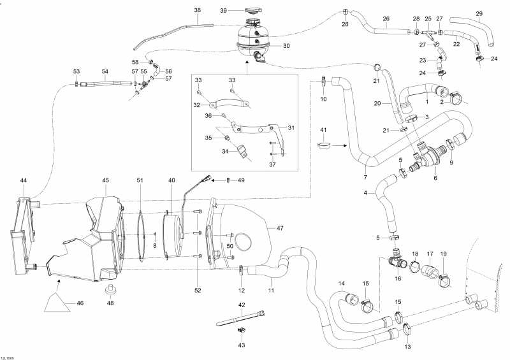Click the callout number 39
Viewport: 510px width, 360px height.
coord(224,11)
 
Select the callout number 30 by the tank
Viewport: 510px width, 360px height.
coord(286,46)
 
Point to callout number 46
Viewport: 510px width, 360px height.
coord(80,303)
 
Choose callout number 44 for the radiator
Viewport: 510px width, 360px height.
coord(24,181)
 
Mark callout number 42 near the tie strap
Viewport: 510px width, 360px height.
coord(242,305)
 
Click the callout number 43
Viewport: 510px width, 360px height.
coord(242,345)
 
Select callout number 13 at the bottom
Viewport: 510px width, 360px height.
coord(407,347)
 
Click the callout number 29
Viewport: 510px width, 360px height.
coord(479,14)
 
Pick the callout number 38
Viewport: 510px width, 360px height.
coord(197,11)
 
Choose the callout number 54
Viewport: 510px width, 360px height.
coord(105,71)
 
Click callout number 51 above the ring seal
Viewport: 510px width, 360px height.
coord(140,181)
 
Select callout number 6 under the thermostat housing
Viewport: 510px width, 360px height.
coord(435,178)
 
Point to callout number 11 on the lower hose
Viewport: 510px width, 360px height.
coord(271,291)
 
